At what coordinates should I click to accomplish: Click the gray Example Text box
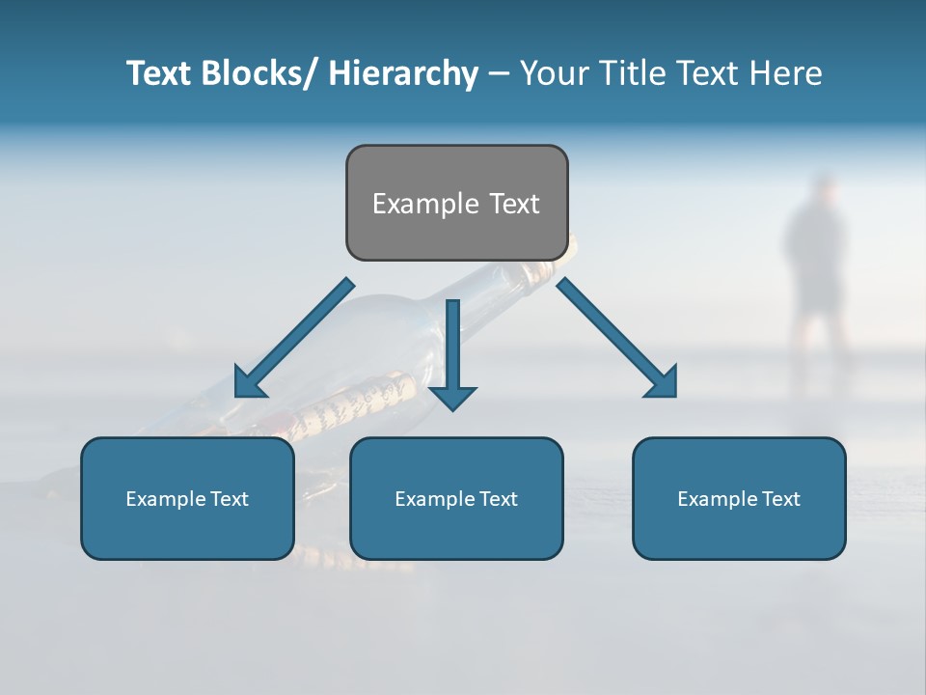[456, 203]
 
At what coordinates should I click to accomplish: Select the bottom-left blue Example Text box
[187, 498]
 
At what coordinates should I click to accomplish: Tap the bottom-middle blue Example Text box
[456, 498]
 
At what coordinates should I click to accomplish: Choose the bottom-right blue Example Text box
[739, 498]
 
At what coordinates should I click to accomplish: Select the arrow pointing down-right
[617, 339]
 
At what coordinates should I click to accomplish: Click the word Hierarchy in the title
[403, 73]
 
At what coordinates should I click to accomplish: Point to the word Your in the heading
[552, 73]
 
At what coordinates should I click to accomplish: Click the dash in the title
[499, 74]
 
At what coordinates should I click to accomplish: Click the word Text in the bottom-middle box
[497, 499]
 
